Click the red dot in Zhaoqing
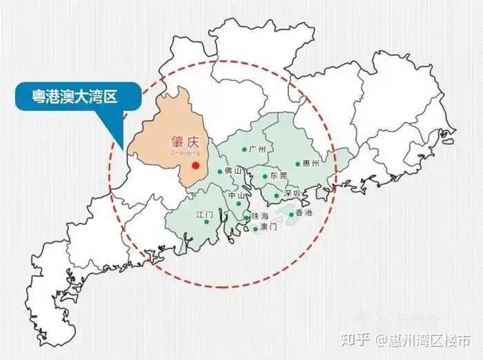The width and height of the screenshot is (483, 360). [x=195, y=166]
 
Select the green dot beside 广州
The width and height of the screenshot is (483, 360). [x=244, y=149]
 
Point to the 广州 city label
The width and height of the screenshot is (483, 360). [x=258, y=149]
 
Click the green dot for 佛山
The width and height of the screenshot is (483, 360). [x=220, y=171]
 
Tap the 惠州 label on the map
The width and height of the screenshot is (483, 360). [x=312, y=163]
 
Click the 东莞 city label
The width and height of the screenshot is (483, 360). [x=279, y=177]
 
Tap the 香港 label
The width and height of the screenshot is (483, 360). [x=304, y=214]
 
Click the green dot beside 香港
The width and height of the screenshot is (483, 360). [x=291, y=214]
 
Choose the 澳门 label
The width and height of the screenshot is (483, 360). [x=268, y=227]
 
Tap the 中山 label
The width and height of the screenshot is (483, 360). [x=237, y=196]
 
